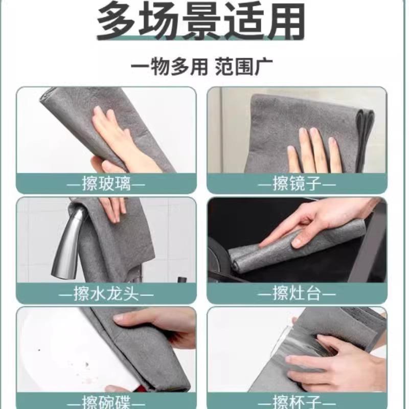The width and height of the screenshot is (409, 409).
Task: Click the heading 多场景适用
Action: [x=201, y=20]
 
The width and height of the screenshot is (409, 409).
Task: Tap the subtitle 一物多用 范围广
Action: [x=201, y=67]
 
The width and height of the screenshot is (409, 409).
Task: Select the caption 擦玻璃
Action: [x=106, y=184]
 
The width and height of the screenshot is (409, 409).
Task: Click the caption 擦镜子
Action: [x=297, y=184]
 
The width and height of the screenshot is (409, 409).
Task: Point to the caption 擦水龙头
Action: [x=106, y=293]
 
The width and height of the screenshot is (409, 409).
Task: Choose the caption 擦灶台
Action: [x=297, y=293]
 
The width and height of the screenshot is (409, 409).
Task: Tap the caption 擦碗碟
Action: [x=106, y=402]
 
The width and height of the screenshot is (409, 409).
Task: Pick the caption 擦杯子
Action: [x=297, y=402]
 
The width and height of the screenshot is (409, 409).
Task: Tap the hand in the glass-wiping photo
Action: [x=118, y=141]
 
